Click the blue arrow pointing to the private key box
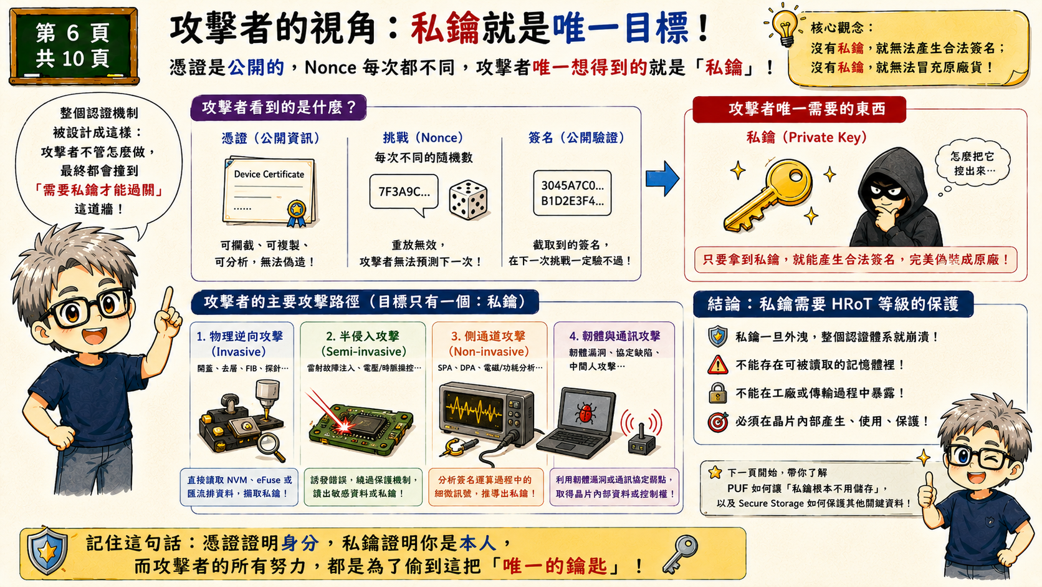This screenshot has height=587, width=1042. tap(662, 178)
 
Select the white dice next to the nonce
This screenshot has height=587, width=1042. tap(468, 200)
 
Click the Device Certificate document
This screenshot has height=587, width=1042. tap(270, 192)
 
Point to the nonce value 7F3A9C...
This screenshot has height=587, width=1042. tap(404, 192)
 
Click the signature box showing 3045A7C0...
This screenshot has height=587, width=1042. tap(572, 193)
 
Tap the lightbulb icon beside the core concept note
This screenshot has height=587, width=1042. tap(785, 26)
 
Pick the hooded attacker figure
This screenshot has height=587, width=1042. tap(896, 197)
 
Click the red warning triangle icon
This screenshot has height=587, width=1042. tap(718, 364)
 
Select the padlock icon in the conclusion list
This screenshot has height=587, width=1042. tap(718, 393)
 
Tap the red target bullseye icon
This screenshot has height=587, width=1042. tap(718, 422)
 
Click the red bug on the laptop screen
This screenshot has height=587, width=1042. tap(586, 413)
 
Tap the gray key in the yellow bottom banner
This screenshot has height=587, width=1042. tap(680, 554)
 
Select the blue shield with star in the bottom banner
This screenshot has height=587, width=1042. tap(47, 551)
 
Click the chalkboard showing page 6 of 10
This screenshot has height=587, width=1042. tap(74, 46)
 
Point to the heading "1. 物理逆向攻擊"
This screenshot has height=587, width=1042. tap(239, 336)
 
